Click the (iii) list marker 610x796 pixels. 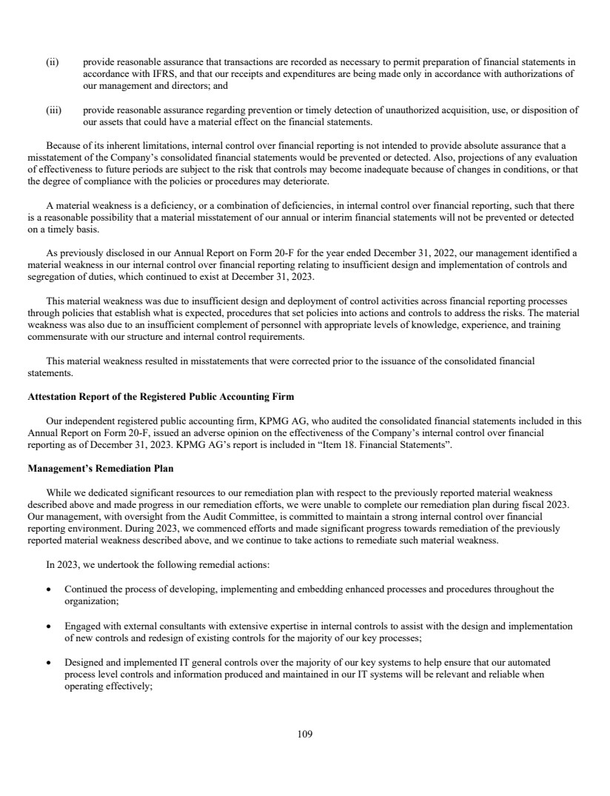coord(53,110)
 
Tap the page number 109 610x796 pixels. coord(305,734)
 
